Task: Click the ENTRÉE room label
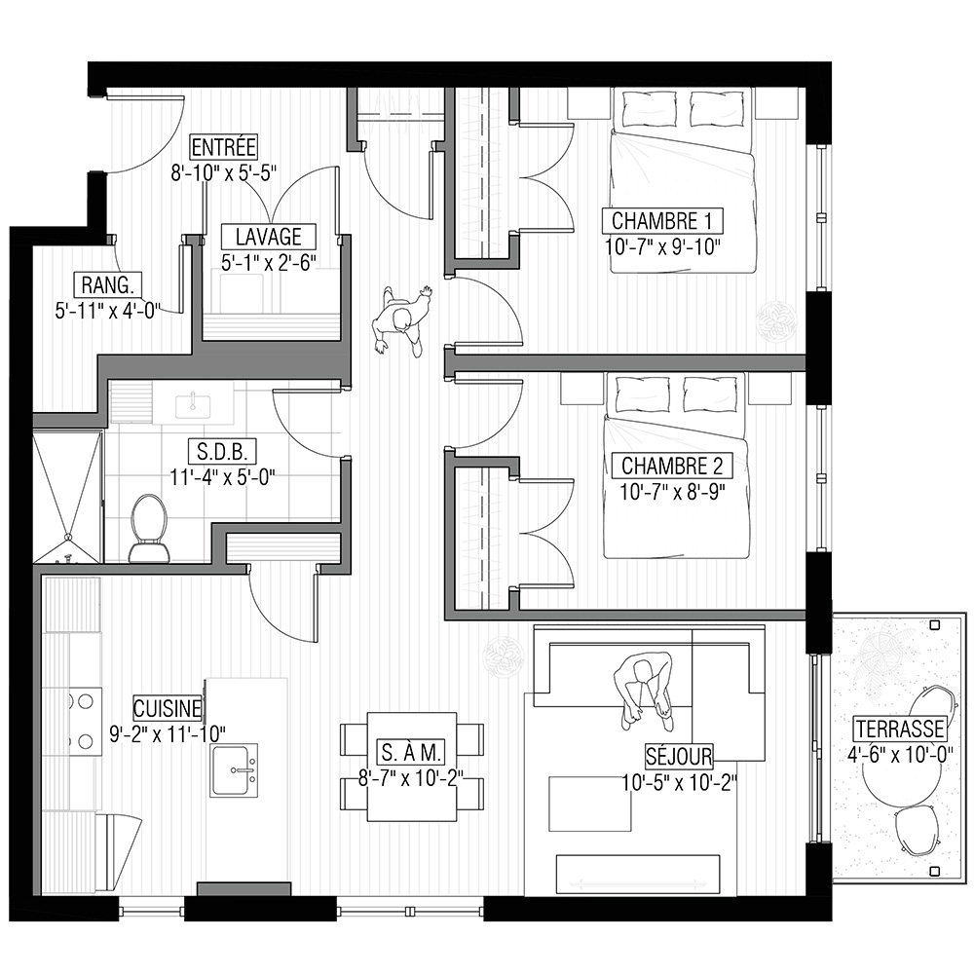223,147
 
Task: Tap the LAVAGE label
269,237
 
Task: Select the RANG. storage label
107,285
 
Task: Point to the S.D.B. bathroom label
222,452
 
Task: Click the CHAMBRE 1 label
662,220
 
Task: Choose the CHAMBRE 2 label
672,466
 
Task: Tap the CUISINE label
168,709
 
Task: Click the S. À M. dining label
411,753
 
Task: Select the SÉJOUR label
679,756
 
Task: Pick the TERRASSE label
900,729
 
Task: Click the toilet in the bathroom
150,528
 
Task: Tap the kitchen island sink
234,770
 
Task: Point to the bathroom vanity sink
193,405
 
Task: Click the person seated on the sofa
643,691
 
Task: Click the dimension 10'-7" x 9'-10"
662,247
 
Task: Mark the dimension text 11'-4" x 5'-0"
222,477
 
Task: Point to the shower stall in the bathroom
66,497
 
